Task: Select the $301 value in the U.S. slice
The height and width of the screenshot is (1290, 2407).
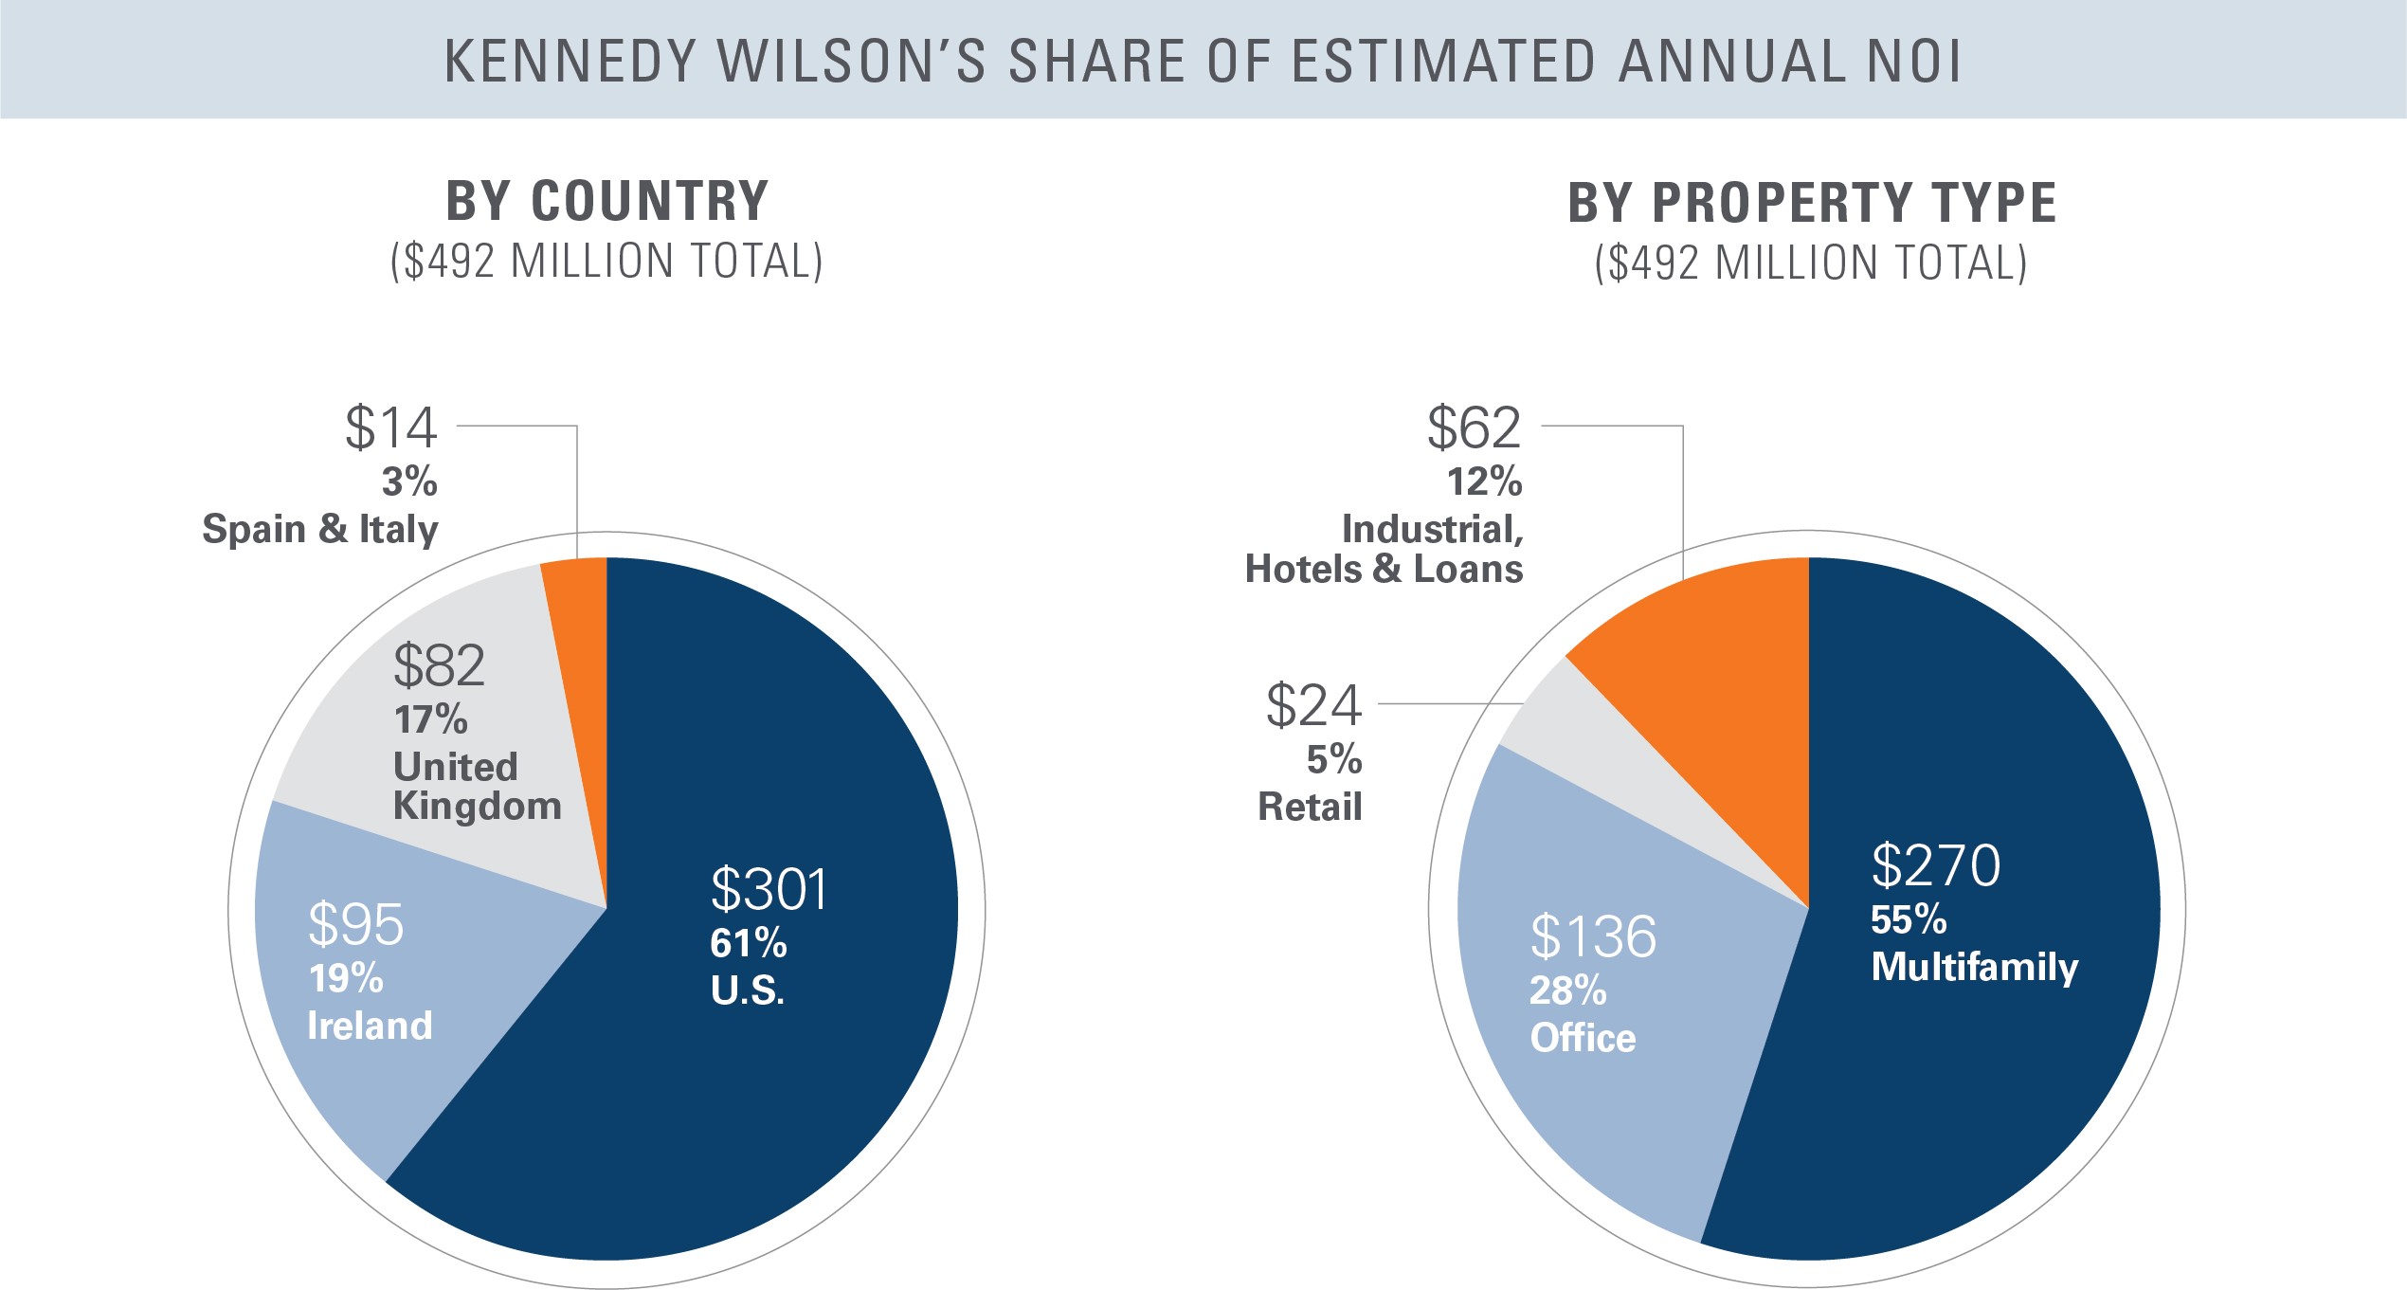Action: tap(769, 889)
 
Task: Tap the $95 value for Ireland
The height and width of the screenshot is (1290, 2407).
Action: tap(355, 923)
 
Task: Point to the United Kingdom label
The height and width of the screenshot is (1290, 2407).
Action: tap(477, 786)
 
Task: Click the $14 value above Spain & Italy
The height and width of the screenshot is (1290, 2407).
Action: tap(390, 427)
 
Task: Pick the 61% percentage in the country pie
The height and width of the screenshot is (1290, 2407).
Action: tap(748, 943)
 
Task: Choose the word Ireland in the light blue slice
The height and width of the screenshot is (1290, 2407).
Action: tap(370, 1026)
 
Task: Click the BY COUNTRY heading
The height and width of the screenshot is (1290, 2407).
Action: tap(606, 201)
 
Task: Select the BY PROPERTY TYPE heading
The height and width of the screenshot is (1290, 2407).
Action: tap(1811, 203)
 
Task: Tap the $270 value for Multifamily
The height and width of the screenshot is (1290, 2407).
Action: tap(1935, 864)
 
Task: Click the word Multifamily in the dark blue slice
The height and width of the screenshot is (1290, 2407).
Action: tap(1974, 967)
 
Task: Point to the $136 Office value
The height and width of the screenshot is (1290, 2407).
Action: tap(1593, 936)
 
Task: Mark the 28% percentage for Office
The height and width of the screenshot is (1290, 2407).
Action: tap(1567, 990)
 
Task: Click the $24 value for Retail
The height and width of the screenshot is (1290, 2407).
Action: tap(1313, 706)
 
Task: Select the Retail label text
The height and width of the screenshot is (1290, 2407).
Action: tap(1310, 807)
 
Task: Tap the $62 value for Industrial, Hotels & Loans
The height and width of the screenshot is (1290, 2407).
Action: tap(1474, 427)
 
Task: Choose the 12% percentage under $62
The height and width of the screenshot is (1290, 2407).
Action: tap(1484, 482)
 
